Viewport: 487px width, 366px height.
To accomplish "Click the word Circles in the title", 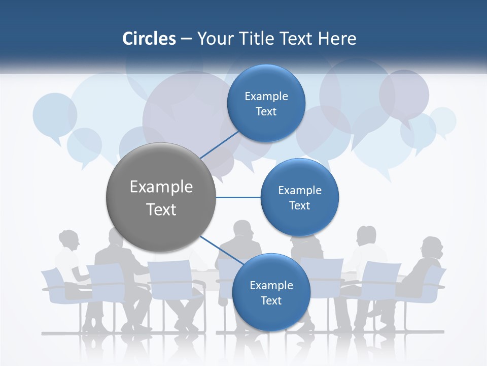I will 149,39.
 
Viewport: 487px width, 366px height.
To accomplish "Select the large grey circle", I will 161,197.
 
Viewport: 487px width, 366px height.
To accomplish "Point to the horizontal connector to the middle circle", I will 238,197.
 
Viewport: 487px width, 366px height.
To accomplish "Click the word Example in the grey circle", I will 161,187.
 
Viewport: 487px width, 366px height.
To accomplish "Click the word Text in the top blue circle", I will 266,112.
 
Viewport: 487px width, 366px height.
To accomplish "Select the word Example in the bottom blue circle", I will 271,285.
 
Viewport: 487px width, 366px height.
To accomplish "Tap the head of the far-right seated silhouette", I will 432,247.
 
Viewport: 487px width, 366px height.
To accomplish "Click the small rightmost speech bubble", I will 443,120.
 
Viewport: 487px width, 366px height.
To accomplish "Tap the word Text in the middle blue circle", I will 299,205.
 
